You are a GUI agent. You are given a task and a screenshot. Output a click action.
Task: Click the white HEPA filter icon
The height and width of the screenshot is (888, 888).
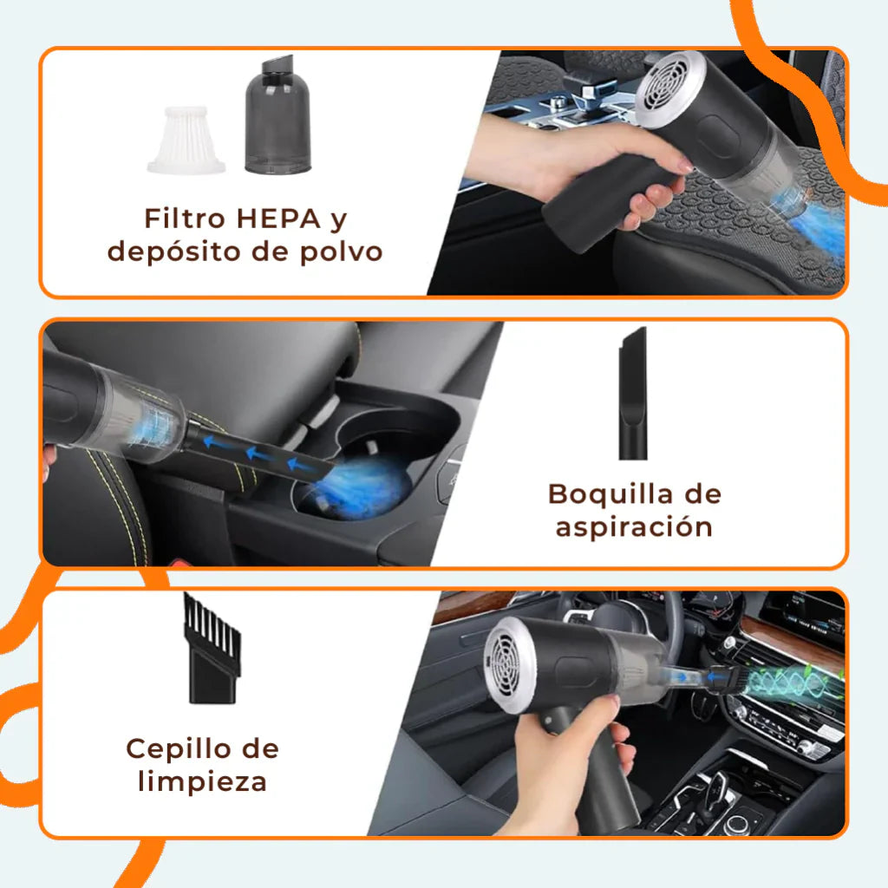[189, 138]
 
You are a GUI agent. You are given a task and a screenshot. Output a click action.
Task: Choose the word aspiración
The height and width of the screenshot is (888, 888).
[634, 526]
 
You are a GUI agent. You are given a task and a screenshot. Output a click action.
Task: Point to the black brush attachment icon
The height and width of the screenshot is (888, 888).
[211, 647]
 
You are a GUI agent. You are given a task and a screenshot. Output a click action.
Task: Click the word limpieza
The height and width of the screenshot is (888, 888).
[202, 781]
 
